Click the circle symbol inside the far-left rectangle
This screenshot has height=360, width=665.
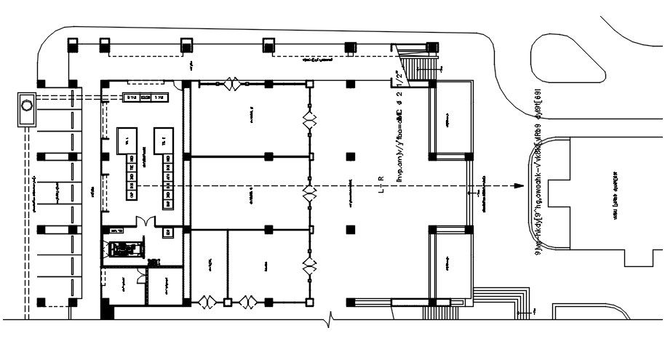click(x=27, y=105)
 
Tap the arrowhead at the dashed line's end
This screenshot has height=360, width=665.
click(x=517, y=186)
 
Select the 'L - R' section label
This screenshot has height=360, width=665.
click(x=381, y=185)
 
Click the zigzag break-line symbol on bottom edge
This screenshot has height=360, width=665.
click(x=331, y=319)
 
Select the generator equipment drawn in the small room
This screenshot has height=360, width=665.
click(x=124, y=249)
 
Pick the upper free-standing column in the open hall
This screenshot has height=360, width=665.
click(x=351, y=156)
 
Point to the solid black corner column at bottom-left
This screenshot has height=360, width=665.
click(x=108, y=311)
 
